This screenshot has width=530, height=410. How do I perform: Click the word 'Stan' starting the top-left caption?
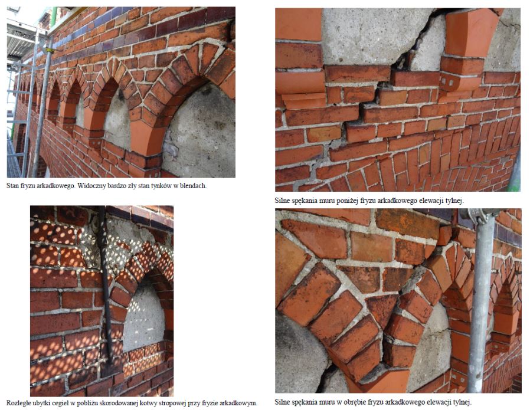(x=12, y=185)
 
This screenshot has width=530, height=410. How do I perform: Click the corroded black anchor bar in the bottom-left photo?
(x=106, y=284)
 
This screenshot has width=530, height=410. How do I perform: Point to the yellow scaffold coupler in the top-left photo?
(x=50, y=50)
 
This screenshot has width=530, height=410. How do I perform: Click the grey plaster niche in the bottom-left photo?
(x=143, y=319)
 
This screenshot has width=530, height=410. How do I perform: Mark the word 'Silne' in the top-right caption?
(x=282, y=201)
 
